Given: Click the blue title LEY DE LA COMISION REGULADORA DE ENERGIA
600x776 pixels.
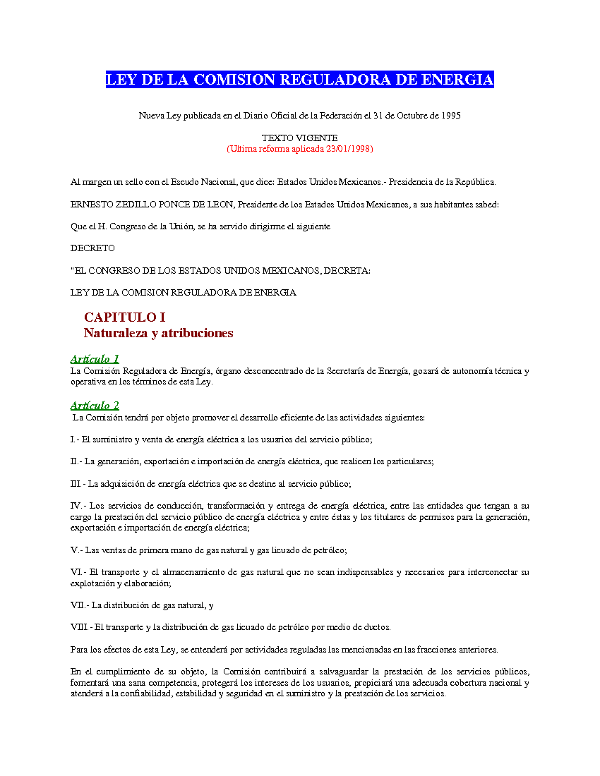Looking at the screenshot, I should (x=299, y=80).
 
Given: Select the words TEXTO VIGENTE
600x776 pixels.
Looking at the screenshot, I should (x=299, y=138).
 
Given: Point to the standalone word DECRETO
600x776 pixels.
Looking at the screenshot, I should (x=92, y=248).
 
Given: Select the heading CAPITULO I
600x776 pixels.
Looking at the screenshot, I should (x=124, y=317).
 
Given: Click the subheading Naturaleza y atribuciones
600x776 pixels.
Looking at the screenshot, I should (x=158, y=333).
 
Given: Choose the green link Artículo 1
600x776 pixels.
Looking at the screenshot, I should (x=95, y=359).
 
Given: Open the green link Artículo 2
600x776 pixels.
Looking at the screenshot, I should (x=95, y=406).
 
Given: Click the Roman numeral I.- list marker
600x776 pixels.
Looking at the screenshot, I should (x=75, y=439).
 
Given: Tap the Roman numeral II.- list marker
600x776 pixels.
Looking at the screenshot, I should (x=76, y=461).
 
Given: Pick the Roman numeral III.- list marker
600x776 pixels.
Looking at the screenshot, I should (x=78, y=484).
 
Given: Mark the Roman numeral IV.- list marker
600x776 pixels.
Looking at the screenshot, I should (x=78, y=506).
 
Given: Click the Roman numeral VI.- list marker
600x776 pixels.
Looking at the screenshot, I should (x=78, y=572).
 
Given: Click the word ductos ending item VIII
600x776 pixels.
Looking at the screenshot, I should (x=376, y=627).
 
